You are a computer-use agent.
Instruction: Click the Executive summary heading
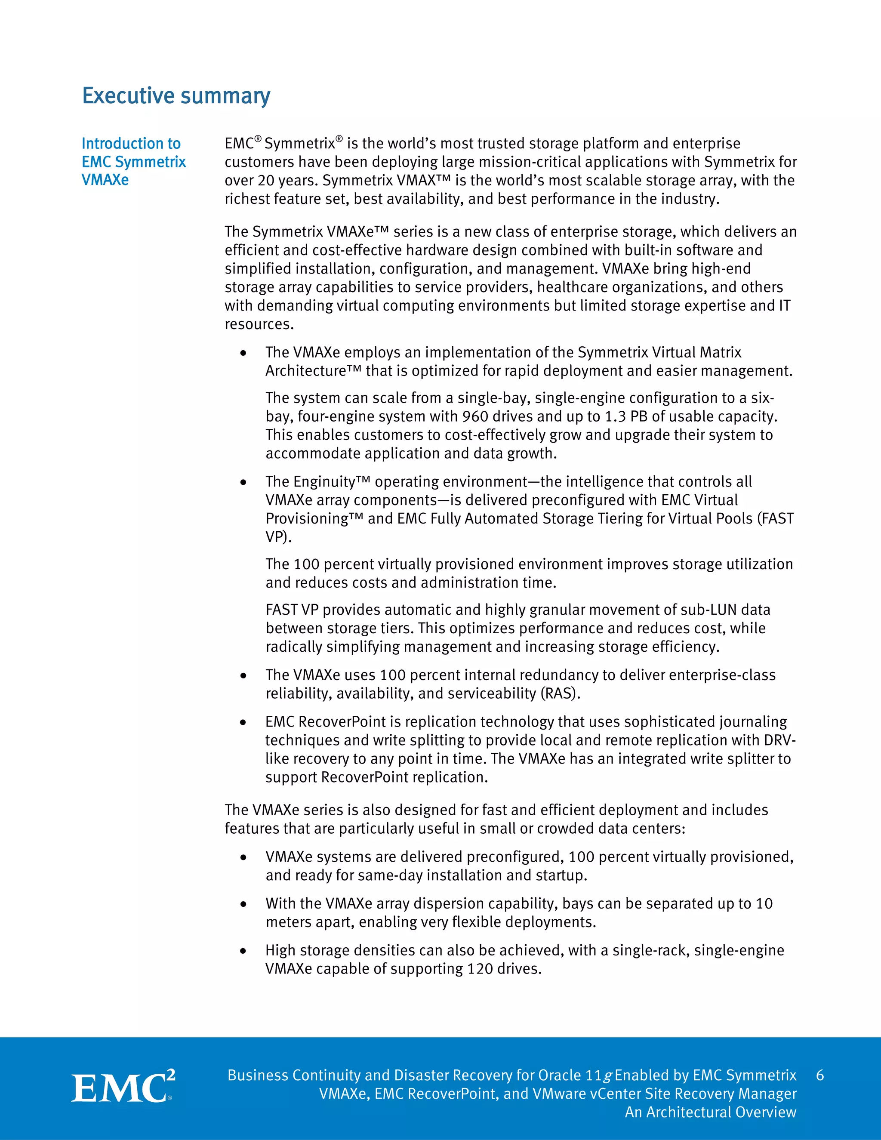click(x=176, y=96)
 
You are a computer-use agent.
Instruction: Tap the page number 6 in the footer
click(x=819, y=1075)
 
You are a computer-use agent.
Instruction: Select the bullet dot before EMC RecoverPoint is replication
click(x=243, y=722)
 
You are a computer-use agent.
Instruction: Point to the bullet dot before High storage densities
click(x=243, y=951)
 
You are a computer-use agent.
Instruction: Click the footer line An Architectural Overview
click(x=710, y=1112)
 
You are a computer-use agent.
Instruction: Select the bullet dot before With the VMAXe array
click(x=243, y=904)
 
